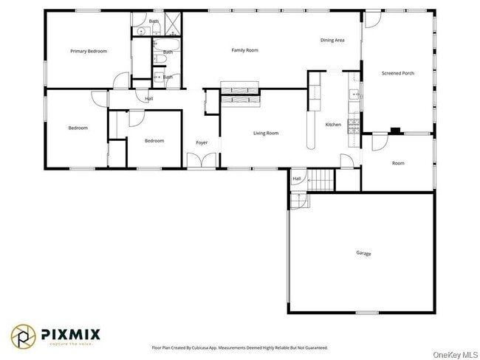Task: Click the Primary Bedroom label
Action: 89,51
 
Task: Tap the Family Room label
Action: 244,50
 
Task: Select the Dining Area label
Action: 332,40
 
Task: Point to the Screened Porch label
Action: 397,73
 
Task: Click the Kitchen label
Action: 333,125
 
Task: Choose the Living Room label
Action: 266,133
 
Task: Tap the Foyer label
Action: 202,142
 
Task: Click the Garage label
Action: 363,253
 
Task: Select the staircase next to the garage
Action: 320,180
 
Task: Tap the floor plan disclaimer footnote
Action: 239,347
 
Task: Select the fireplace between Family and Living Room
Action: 241,94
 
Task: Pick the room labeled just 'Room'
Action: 398,163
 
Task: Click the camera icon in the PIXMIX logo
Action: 24,337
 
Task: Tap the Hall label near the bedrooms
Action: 149,98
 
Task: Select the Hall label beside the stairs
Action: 297,179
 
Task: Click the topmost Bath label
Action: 154,21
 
